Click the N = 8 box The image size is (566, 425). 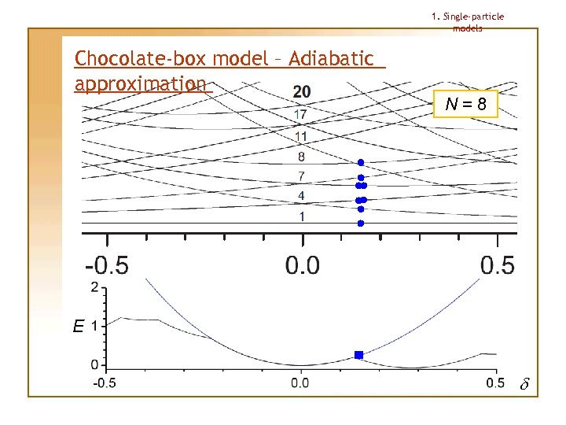[x=465, y=103]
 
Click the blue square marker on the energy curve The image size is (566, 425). [x=359, y=355]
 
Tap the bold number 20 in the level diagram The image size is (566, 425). [x=301, y=92]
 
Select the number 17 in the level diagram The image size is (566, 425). [x=301, y=115]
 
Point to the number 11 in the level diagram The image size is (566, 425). [x=301, y=136]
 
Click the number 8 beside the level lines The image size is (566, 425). [x=301, y=157]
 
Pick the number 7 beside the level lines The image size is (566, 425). [x=301, y=176]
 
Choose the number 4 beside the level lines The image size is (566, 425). [x=301, y=195]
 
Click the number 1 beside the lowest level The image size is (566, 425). [x=301, y=216]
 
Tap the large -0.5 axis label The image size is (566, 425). [x=107, y=264]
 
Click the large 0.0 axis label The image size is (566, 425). [x=303, y=264]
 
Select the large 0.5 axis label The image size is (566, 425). [x=497, y=264]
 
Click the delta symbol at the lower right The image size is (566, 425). [x=525, y=386]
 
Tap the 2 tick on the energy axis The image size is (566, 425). [x=95, y=287]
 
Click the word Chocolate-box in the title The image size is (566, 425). [x=125, y=59]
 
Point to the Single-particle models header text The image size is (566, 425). [x=468, y=22]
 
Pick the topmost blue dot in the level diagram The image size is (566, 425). [x=361, y=162]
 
